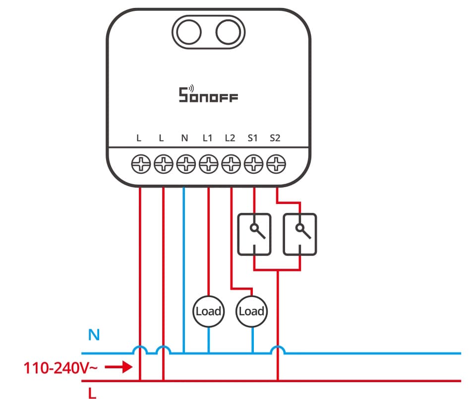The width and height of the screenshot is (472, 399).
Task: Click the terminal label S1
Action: click(x=253, y=139)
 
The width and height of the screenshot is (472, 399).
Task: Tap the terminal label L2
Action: click(x=230, y=139)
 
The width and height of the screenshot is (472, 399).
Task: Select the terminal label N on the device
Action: click(x=184, y=139)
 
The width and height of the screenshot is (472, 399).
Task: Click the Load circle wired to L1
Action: click(x=208, y=311)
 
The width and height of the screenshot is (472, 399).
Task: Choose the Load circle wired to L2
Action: click(x=251, y=311)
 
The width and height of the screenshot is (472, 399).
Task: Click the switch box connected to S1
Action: click(x=254, y=234)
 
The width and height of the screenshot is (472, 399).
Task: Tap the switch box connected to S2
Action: click(x=299, y=234)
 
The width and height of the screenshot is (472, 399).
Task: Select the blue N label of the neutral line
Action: click(x=94, y=336)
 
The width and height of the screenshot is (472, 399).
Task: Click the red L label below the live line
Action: click(x=92, y=394)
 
